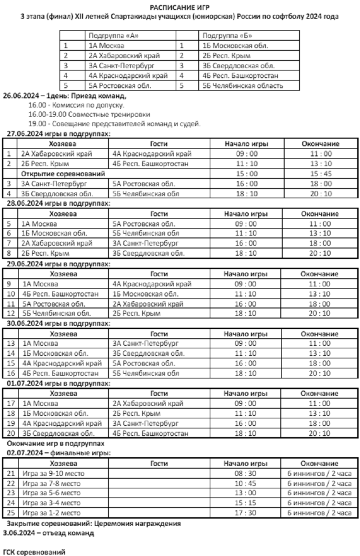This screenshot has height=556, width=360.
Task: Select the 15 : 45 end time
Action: [320, 173]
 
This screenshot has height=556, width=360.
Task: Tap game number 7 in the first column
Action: [9, 243]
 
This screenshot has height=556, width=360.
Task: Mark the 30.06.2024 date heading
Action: [57, 323]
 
